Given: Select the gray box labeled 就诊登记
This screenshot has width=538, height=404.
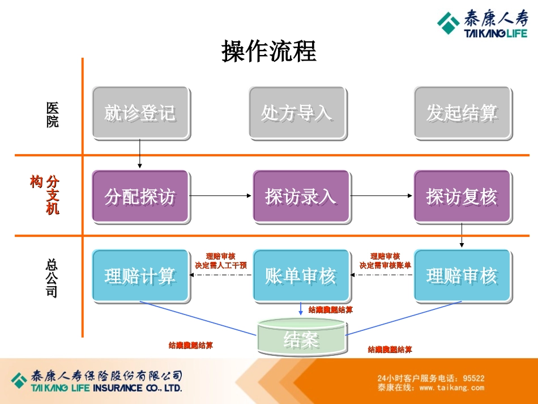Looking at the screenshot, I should [x=140, y=113].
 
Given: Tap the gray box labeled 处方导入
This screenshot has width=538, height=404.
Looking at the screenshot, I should [x=297, y=113].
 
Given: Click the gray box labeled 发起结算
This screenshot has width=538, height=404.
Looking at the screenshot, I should [x=462, y=113].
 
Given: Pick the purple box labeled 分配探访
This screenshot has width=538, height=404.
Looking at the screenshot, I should [x=140, y=196].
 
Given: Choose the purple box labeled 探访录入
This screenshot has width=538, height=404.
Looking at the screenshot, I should [x=300, y=196].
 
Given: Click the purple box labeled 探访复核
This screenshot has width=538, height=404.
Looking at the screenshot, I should [x=462, y=196].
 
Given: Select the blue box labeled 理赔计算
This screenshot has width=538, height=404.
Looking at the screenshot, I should [x=140, y=275].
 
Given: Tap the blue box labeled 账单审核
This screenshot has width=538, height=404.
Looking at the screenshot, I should [x=300, y=275].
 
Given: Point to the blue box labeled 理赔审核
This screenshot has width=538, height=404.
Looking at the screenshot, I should [x=462, y=275].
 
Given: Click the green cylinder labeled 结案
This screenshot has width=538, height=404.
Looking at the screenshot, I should [x=301, y=338].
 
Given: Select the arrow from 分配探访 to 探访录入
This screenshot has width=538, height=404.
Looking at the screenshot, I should [x=220, y=196].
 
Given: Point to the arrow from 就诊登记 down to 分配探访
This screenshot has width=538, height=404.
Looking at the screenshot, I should [x=140, y=154].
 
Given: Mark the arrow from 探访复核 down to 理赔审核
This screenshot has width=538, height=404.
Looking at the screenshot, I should [x=462, y=235].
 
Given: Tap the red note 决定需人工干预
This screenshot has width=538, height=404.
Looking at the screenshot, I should [x=221, y=265].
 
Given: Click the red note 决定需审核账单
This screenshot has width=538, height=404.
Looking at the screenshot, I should [x=385, y=265].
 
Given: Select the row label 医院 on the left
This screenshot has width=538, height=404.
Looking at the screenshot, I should [x=52, y=114].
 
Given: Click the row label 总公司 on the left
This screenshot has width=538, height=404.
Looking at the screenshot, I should [x=52, y=278].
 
